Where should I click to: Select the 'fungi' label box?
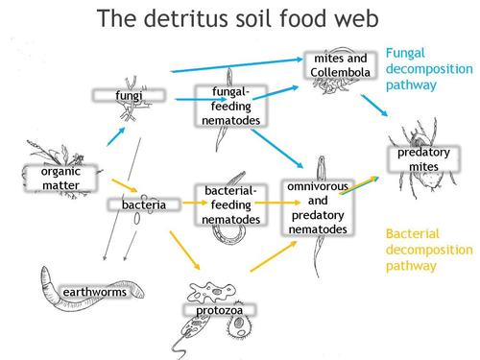(128, 97)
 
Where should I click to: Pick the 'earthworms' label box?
(94, 292)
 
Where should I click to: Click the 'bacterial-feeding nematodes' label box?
(230, 204)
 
